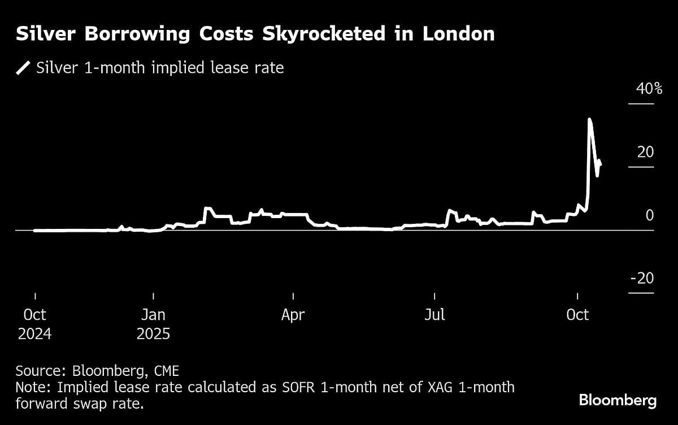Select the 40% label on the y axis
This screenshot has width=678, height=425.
click(641, 89)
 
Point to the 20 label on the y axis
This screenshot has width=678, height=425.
click(645, 152)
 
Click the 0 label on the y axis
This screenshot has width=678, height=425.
click(650, 215)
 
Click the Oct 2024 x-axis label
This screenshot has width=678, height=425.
click(34, 324)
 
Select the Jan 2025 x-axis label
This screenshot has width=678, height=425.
click(153, 324)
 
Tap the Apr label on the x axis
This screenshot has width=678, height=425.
click(293, 315)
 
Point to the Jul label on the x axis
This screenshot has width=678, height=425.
click(434, 315)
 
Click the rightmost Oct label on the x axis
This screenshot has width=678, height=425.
click(577, 315)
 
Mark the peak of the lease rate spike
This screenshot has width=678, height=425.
click(589, 119)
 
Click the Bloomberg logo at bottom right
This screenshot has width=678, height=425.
click(618, 401)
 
